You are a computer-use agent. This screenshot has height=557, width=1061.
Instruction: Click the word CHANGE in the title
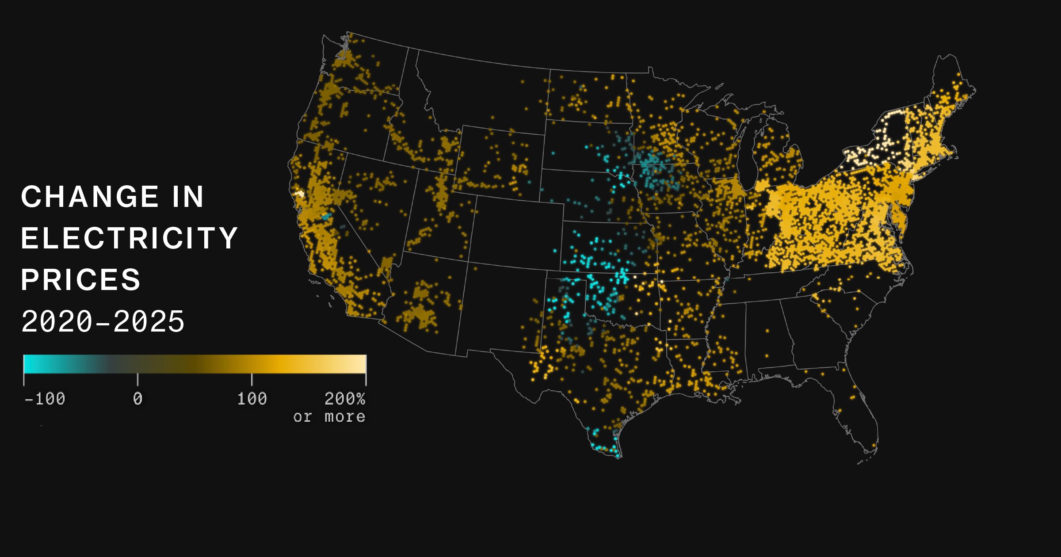pos(90,197)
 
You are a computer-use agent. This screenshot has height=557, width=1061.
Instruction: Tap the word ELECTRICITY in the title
pos(130,238)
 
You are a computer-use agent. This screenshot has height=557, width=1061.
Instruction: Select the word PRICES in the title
pos(81,280)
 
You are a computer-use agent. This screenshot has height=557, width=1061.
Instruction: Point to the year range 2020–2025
pos(103,321)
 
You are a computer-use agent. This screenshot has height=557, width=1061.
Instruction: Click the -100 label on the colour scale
pos(45,399)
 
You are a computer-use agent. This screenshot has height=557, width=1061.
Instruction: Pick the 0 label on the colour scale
pos(137,399)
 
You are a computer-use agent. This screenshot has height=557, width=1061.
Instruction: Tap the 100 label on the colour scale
pos(252,399)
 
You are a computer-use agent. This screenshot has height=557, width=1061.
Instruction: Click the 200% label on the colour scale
pos(345,399)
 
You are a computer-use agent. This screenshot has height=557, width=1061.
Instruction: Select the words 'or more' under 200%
pos(329,417)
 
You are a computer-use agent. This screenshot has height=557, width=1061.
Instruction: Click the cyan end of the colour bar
pos(29,364)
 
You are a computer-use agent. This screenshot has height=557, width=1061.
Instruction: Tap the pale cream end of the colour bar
pos(360,364)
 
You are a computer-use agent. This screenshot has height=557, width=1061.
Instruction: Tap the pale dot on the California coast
pos(300,194)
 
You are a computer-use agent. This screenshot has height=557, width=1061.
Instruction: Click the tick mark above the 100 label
pos(252,379)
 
